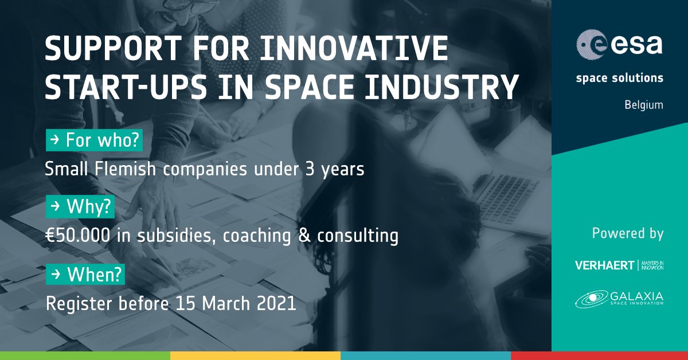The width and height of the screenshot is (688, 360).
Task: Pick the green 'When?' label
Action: (85, 276)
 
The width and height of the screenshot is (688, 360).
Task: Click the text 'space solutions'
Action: (620, 77)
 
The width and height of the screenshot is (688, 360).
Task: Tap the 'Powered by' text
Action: (627, 233)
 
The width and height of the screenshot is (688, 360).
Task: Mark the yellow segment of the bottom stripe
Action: (255, 355)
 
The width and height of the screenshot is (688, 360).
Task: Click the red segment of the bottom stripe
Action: (599, 355)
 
